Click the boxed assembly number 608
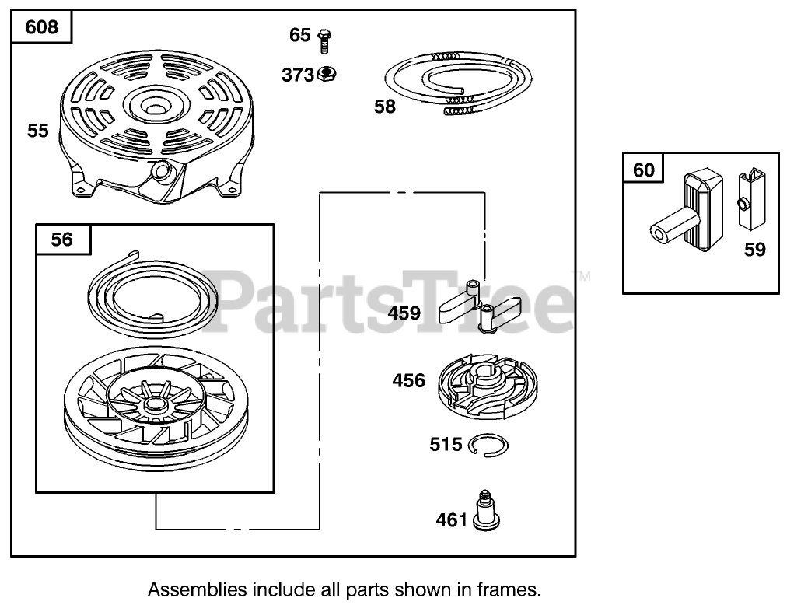tap(41, 28)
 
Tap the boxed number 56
tap(61, 240)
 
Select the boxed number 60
tap(644, 169)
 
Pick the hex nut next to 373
tap(327, 75)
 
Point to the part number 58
tap(385, 107)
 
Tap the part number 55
tap(38, 131)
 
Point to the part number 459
tap(404, 313)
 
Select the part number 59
tap(754, 250)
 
